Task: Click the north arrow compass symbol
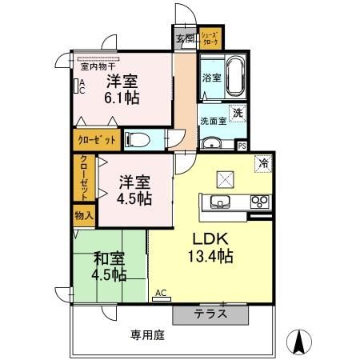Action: click(x=298, y=342)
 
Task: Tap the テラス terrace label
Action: click(x=210, y=314)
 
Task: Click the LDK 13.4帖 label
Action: click(x=210, y=247)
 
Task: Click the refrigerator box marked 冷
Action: click(x=263, y=164)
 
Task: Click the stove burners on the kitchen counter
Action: click(x=259, y=200)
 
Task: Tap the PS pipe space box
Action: click(x=242, y=146)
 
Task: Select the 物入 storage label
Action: click(x=84, y=214)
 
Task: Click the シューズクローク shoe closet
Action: click(x=210, y=37)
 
